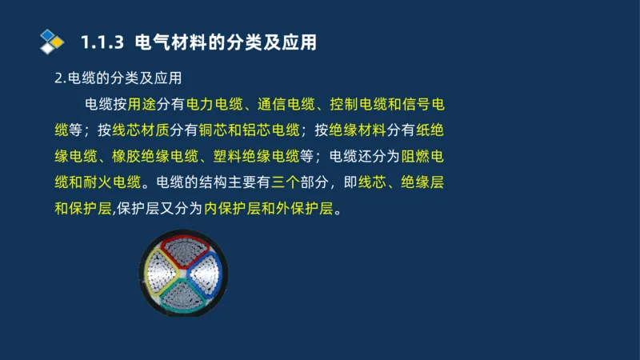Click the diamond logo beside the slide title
point(52,41)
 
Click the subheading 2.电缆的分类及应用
point(118,78)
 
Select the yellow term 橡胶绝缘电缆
point(144,156)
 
